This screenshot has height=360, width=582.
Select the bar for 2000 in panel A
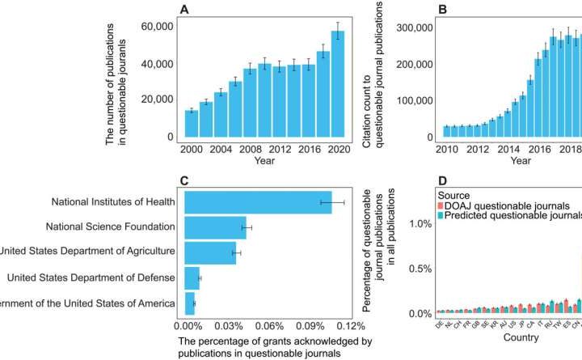tap(192, 126)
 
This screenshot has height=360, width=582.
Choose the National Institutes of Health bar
tap(258, 202)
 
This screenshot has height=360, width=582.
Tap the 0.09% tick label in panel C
tap(308, 326)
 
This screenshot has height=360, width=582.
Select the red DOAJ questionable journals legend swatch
tap(441, 206)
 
